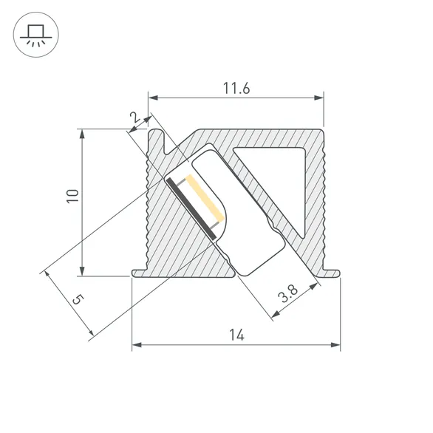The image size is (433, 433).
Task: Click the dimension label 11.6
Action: [236, 89]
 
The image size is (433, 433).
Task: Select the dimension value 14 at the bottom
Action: [236, 335]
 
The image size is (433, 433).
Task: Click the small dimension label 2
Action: [134, 117]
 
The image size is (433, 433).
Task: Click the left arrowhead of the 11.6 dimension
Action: [152, 97]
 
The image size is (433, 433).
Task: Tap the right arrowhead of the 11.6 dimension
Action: [320, 97]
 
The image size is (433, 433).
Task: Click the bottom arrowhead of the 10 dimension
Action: [82, 271]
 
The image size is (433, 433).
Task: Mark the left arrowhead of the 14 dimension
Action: [136, 344]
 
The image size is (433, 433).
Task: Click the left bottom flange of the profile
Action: [140, 273]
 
